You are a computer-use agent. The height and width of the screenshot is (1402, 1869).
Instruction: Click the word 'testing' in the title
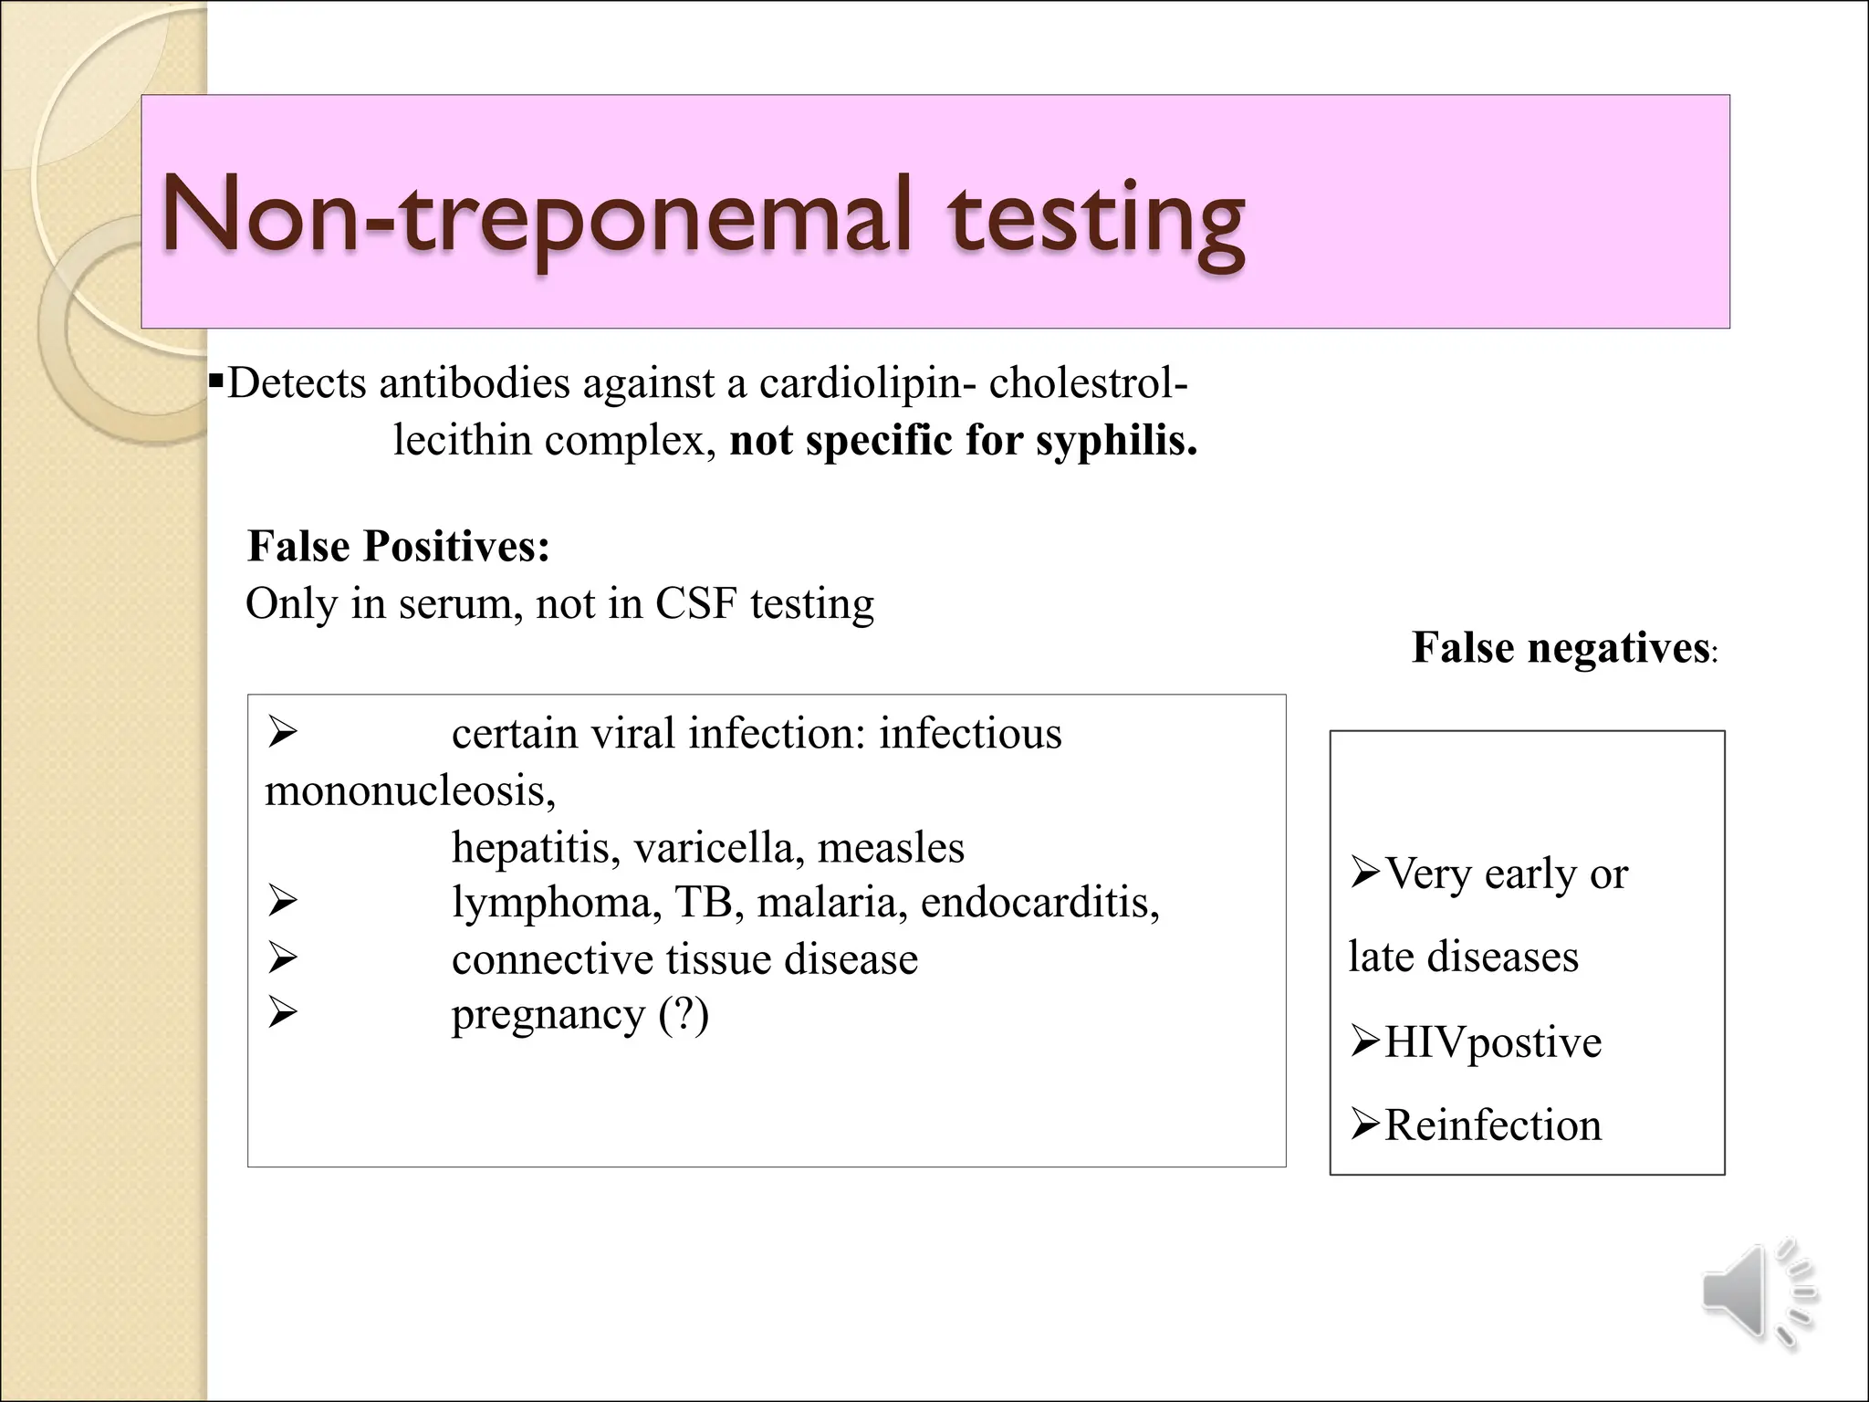click(1095, 221)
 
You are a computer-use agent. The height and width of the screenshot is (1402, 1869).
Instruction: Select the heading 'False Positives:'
click(399, 547)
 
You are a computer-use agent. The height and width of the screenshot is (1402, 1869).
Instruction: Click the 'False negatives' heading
click(1561, 648)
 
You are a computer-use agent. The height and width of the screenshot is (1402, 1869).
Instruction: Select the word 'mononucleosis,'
click(410, 790)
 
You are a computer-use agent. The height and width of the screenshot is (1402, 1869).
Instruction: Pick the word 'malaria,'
click(831, 903)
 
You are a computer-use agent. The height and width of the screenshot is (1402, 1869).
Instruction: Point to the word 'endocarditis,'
click(1039, 903)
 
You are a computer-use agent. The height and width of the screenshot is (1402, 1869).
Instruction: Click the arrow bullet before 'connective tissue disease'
click(283, 957)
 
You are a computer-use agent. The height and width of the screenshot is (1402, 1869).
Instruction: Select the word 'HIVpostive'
click(1492, 1042)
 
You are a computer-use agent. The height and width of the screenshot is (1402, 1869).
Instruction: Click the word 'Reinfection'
click(1493, 1125)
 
